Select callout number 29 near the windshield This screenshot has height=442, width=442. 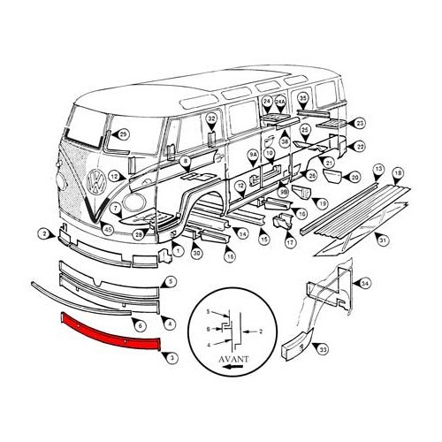click(x=123, y=133)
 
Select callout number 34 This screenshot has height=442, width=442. click(x=366, y=282)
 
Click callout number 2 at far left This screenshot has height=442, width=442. click(x=42, y=233)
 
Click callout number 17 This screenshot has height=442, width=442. click(x=289, y=242)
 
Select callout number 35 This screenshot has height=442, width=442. click(x=303, y=97)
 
